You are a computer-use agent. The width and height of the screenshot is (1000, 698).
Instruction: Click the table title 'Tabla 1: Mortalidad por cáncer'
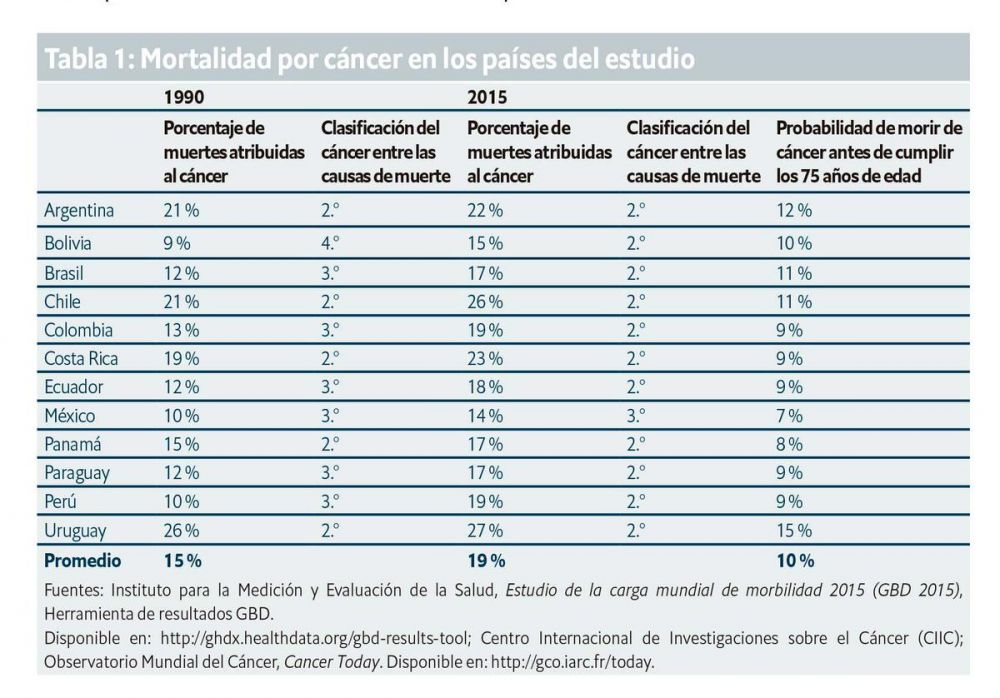[x=368, y=59]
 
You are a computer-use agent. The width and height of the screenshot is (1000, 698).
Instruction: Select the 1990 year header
[x=184, y=98]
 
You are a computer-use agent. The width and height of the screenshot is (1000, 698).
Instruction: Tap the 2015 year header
[x=486, y=98]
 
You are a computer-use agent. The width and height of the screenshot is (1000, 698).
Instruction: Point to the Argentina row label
[x=79, y=211]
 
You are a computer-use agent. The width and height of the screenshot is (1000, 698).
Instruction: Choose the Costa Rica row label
[x=81, y=358]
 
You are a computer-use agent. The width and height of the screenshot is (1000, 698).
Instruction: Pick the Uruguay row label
[x=75, y=531]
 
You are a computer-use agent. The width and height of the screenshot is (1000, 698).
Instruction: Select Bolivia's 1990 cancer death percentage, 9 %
[x=178, y=242]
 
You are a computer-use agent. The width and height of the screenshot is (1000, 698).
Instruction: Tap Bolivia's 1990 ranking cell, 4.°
[x=331, y=242]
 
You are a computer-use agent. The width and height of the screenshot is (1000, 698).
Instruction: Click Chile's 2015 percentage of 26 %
[x=485, y=301]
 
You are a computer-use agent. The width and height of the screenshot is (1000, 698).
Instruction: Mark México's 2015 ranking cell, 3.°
[x=637, y=415]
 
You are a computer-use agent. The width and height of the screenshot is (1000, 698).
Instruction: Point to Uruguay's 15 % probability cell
[x=794, y=531]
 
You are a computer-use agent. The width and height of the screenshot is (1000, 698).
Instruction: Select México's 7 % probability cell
[x=789, y=415]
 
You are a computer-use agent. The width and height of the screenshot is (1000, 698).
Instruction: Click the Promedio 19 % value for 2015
[x=485, y=561]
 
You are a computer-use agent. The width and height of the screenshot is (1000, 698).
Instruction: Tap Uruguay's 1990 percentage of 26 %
[x=181, y=531]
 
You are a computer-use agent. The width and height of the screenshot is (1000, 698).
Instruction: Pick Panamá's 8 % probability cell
[x=789, y=443]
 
